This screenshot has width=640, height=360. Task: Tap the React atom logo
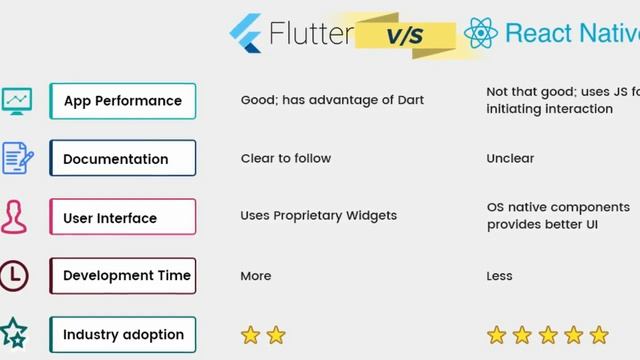pyautogui.click(x=481, y=34)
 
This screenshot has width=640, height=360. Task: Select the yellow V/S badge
pyautogui.click(x=404, y=36)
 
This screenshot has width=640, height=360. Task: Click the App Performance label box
pyautogui.click(x=122, y=101)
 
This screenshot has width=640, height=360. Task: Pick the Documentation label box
pyautogui.click(x=122, y=159)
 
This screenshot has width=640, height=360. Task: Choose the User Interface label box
pyautogui.click(x=122, y=217)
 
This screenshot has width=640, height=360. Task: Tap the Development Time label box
pyautogui.click(x=122, y=276)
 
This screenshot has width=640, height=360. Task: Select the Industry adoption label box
pyautogui.click(x=122, y=334)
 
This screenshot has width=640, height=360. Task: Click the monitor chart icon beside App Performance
pyautogui.click(x=16, y=100)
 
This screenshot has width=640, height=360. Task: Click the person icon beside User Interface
pyautogui.click(x=14, y=217)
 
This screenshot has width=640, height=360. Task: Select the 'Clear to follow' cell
pyautogui.click(x=285, y=159)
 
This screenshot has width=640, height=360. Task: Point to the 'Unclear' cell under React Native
pyautogui.click(x=510, y=159)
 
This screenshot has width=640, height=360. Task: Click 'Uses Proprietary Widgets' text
pyautogui.click(x=318, y=216)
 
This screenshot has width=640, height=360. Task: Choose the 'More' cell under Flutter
pyautogui.click(x=256, y=276)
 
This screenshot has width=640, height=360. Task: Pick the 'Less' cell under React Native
pyautogui.click(x=500, y=276)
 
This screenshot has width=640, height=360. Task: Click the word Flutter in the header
pyautogui.click(x=311, y=34)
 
